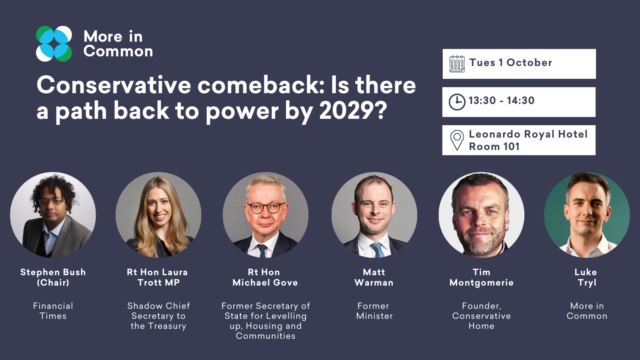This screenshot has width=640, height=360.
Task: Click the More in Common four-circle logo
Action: pyautogui.click(x=54, y=44)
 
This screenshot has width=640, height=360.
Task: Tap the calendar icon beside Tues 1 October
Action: pyautogui.click(x=457, y=64)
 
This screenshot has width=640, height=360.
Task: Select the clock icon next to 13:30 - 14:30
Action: pyautogui.click(x=457, y=102)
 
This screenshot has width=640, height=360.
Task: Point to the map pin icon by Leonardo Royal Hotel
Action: pyautogui.click(x=457, y=140)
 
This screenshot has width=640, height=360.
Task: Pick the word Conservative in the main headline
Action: pyautogui.click(x=114, y=85)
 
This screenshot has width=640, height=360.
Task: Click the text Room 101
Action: pyautogui.click(x=494, y=146)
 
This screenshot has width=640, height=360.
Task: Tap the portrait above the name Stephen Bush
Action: pyautogui.click(x=53, y=215)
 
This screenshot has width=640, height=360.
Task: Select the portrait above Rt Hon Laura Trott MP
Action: pyautogui.click(x=158, y=215)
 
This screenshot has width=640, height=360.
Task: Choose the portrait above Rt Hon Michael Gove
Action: pyautogui.click(x=266, y=215)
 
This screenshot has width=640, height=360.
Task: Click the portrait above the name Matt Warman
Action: pyautogui.click(x=374, y=215)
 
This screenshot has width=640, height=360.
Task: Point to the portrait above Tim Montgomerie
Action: pyautogui.click(x=482, y=215)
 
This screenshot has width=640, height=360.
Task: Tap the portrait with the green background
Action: pyautogui.click(x=587, y=215)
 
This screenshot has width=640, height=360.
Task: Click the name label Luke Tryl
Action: pyautogui.click(x=586, y=277)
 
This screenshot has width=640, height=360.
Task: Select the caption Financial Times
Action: pyautogui.click(x=53, y=311)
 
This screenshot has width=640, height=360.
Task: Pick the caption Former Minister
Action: pyautogui.click(x=374, y=311)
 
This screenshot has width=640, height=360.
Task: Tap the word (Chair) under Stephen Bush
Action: pyautogui.click(x=53, y=282)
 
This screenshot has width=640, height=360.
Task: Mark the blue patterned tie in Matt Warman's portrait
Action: pyautogui.click(x=378, y=250)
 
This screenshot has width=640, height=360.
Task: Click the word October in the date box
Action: pyautogui.click(x=529, y=62)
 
